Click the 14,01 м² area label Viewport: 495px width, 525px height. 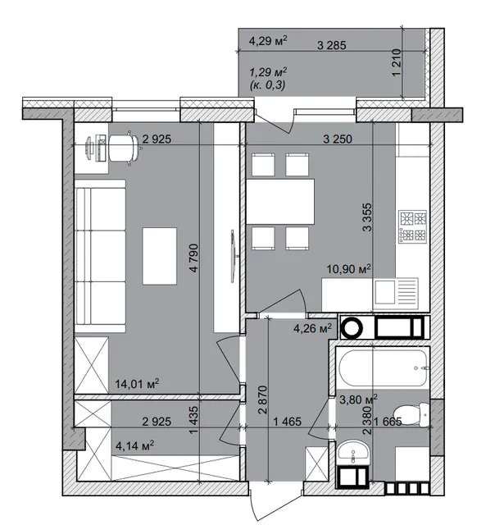tap(137, 384)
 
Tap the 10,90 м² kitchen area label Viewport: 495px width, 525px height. tap(349, 268)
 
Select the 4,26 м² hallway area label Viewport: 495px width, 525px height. tap(312, 328)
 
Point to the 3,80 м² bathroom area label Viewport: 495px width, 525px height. tap(358, 399)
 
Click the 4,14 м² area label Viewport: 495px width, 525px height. tap(134, 445)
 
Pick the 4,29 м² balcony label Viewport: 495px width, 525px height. tap(268, 41)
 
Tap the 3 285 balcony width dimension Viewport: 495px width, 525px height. tap(331, 45)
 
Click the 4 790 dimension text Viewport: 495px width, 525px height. tap(194, 258)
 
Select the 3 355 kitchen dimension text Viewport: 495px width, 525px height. tap(367, 217)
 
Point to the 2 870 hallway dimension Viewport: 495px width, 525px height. tap(263, 399)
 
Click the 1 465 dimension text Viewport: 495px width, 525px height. tap(288, 422)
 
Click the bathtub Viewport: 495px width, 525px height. tap(383, 368)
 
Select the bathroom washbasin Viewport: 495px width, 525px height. tap(353, 452)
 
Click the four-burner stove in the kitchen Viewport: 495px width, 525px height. tap(413, 226)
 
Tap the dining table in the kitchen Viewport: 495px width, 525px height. tap(280, 201)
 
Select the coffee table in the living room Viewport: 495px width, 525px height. tap(160, 256)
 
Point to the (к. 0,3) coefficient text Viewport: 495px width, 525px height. tap(267, 85)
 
